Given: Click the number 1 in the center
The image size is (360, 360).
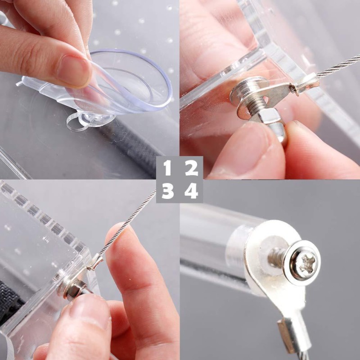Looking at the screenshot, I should [x=167, y=168].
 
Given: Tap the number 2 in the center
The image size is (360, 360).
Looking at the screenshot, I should [x=192, y=168].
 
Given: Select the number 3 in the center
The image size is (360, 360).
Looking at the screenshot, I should [x=167, y=191].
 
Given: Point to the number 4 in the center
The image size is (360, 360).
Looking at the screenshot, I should [x=192, y=191].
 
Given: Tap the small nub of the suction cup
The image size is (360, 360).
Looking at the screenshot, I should [x=92, y=120].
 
